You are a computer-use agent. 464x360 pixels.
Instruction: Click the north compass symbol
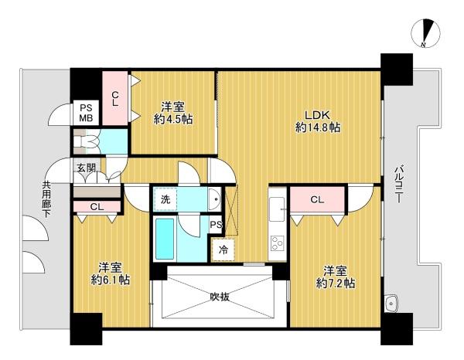pos(426,33)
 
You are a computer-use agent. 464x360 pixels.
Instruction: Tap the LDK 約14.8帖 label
pos(318,121)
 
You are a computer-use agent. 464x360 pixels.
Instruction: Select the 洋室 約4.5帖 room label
pos(173,113)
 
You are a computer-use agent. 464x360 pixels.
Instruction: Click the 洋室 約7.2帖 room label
pos(336,277)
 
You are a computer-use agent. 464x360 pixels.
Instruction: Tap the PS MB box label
pos(86,114)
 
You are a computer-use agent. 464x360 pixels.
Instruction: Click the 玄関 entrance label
pos(87,168)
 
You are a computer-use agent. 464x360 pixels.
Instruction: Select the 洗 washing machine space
pos(165,199)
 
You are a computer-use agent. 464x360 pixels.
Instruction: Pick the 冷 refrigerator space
pos(223,250)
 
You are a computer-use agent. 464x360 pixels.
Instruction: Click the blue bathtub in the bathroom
pos(165,239)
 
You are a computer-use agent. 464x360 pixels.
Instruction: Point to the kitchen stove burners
pos(278,243)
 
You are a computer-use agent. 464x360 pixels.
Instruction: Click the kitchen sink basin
pos(278,209)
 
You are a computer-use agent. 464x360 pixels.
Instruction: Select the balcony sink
pos(392,304)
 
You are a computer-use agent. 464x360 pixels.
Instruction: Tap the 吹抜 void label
pos(220,297)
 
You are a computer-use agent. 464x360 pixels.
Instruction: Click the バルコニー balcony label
pos(397,185)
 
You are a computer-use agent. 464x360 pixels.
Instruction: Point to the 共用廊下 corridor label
pos(46,199)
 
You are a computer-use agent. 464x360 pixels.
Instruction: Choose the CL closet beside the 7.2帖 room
pos(317,200)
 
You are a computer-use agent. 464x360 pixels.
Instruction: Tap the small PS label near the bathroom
pos(216,225)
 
